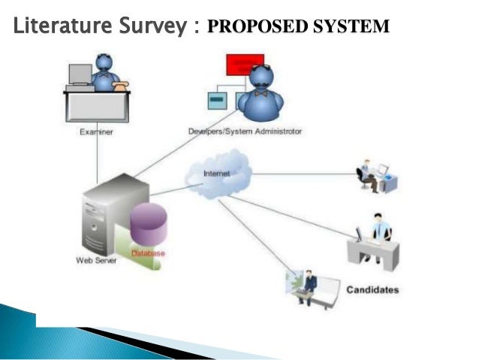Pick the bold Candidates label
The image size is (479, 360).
pyautogui.click(x=372, y=289)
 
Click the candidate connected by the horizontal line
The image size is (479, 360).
pyautogui.click(x=374, y=176)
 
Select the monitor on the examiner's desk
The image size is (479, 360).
pyautogui.click(x=80, y=74)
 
